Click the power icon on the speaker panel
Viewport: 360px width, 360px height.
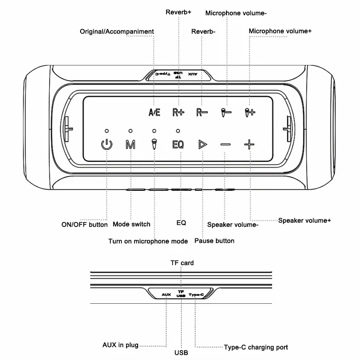coord(106,145)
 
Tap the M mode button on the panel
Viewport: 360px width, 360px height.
coord(131,145)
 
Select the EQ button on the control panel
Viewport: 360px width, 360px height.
coord(178,145)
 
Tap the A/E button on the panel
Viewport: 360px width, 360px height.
coord(154,112)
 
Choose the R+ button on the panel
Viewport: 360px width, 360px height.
coord(178,112)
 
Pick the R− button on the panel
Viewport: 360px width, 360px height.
coord(202,112)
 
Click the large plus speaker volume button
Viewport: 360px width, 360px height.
coord(249,145)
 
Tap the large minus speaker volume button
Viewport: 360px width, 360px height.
coord(225,145)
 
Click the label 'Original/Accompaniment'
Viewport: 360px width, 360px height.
coord(117,31)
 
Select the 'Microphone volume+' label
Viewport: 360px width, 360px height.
coord(280,31)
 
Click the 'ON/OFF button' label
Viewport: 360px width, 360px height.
coord(84,225)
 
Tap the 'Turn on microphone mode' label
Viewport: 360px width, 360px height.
coord(148,241)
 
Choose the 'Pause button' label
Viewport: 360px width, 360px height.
coord(214,241)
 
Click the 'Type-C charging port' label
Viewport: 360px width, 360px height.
coord(255,347)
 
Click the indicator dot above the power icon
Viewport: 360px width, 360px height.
coord(106,131)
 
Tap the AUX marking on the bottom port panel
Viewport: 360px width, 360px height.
coord(166,295)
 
